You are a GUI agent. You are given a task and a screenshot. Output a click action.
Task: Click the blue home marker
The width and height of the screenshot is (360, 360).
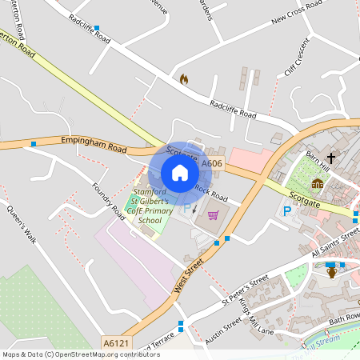180,173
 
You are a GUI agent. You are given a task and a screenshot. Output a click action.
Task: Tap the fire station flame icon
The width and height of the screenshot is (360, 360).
183,79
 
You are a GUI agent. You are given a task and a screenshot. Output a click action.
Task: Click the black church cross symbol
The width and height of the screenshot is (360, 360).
331,158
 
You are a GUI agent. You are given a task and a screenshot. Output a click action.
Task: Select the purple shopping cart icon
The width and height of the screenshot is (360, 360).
213,214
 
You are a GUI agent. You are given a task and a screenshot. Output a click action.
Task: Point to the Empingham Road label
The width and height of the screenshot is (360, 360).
94,144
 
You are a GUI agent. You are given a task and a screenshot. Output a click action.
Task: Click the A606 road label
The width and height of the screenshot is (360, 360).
212,164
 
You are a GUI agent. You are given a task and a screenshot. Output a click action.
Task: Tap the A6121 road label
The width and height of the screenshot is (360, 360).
115,342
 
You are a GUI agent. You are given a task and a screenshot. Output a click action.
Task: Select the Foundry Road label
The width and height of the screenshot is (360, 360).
110,200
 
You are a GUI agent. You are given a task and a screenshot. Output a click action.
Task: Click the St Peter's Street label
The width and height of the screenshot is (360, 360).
245,292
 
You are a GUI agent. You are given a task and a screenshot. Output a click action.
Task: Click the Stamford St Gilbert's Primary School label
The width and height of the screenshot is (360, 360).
150,206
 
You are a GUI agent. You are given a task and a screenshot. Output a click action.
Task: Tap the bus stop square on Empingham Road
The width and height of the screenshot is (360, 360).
34,144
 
